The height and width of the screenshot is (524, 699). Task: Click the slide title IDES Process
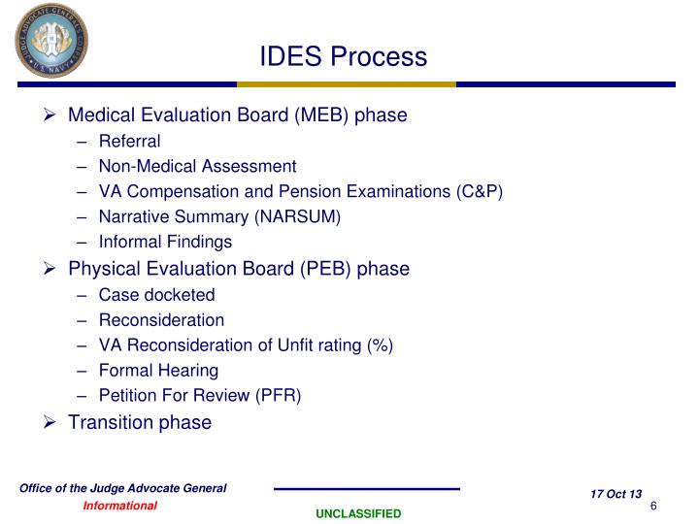(343, 56)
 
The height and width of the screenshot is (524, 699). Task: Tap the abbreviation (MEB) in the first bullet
(322, 115)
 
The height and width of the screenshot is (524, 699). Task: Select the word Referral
(129, 142)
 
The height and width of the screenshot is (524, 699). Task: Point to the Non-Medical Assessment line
(197, 166)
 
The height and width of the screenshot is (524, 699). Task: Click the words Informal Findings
(165, 242)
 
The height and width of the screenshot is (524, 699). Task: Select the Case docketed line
(156, 294)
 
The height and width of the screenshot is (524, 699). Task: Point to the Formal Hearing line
(158, 370)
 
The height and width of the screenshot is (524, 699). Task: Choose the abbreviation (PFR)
(278, 395)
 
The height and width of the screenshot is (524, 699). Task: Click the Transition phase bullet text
(139, 421)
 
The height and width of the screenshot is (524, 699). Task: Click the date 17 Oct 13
(616, 495)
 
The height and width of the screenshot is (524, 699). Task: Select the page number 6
(654, 507)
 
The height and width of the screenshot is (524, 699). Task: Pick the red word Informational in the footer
(119, 506)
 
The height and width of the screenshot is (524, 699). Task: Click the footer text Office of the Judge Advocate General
(123, 488)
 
